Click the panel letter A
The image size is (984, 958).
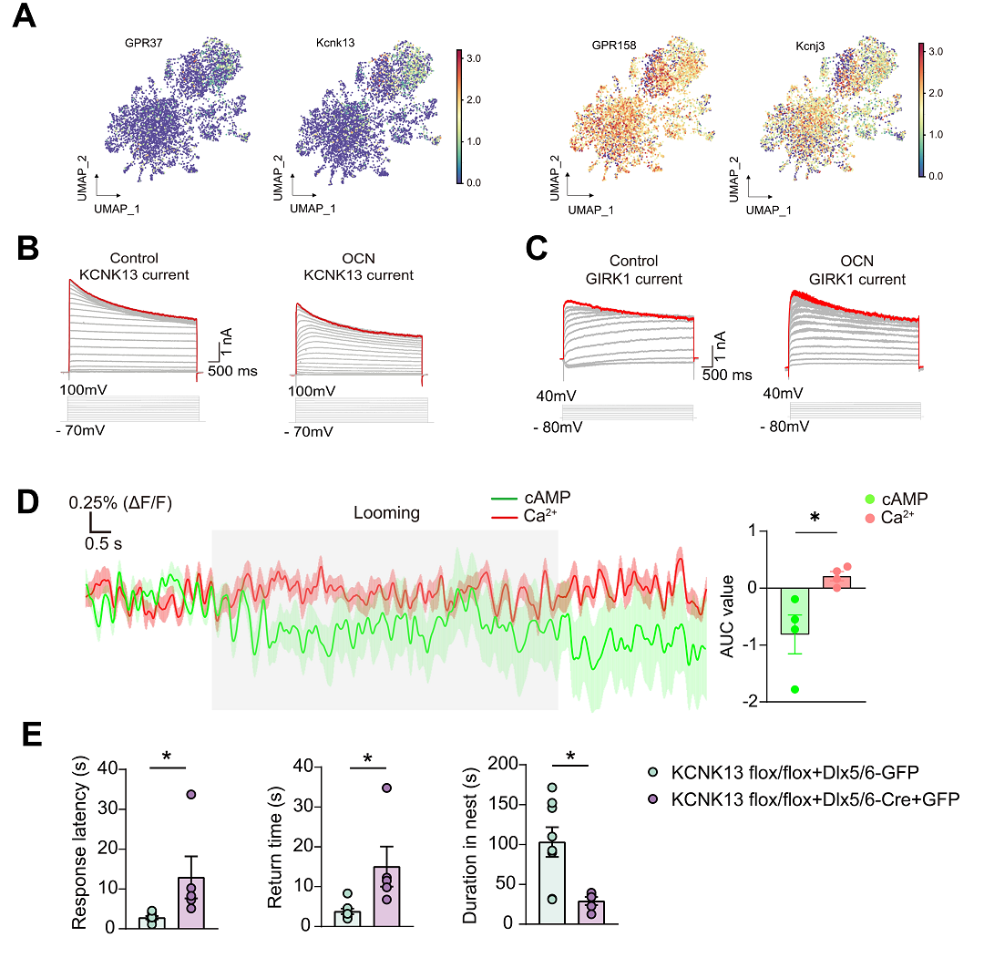[x=23, y=16]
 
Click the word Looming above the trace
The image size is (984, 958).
[x=386, y=512]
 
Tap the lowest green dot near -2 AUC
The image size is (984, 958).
[x=794, y=689]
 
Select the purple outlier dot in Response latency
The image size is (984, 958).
[x=190, y=794]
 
